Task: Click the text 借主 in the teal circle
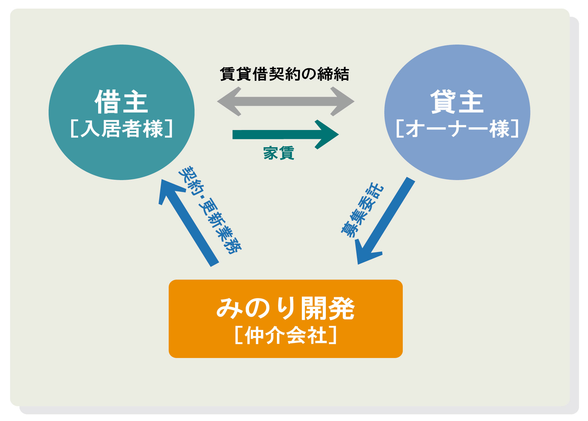[121, 102]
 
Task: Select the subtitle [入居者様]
[122, 129]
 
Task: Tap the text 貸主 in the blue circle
[457, 102]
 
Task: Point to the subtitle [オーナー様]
[457, 129]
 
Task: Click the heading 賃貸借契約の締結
[285, 74]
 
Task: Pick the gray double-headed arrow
[286, 101]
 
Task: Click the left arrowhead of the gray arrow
[229, 101]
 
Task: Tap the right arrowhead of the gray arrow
[342, 101]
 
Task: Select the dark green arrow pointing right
[286, 135]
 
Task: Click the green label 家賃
[279, 153]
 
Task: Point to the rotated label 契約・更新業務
[210, 210]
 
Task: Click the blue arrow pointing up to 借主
[189, 223]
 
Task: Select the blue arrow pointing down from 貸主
[385, 221]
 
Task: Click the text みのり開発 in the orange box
[286, 308]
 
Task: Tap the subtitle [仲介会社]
[286, 335]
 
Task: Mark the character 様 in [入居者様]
[153, 129]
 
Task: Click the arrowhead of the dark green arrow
[327, 135]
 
